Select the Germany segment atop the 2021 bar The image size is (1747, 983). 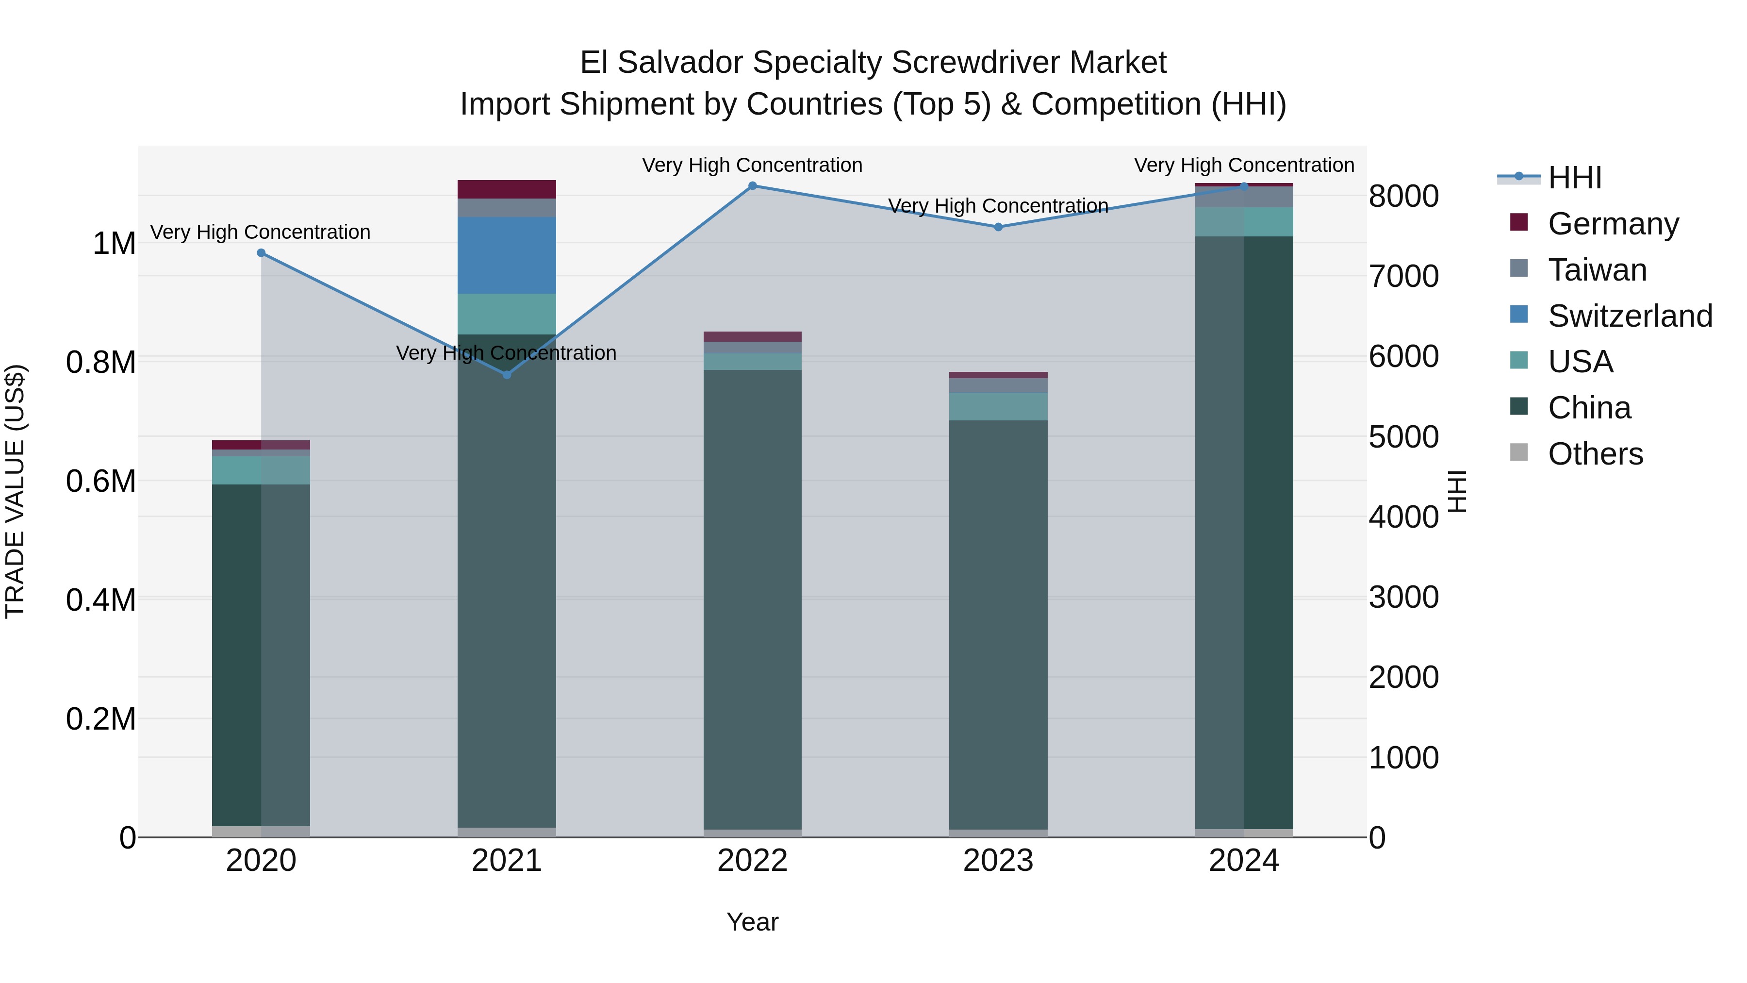507,189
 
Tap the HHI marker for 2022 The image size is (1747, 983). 752,186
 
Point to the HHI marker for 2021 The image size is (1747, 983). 507,374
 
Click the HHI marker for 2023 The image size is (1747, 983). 998,227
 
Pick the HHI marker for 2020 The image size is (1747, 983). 261,253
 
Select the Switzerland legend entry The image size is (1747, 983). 1629,316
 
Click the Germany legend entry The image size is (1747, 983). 1613,224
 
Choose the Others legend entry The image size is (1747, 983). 1595,454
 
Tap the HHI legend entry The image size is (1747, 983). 1574,178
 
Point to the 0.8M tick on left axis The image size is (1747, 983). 100,362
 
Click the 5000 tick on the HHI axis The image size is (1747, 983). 1403,437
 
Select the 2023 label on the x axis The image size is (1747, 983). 998,861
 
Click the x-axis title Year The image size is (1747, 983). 752,922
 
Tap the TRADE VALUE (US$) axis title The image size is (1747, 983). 15,491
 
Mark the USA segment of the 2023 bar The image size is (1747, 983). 998,406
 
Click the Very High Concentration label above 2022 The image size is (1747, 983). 752,165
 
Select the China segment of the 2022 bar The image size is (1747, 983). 752,597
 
